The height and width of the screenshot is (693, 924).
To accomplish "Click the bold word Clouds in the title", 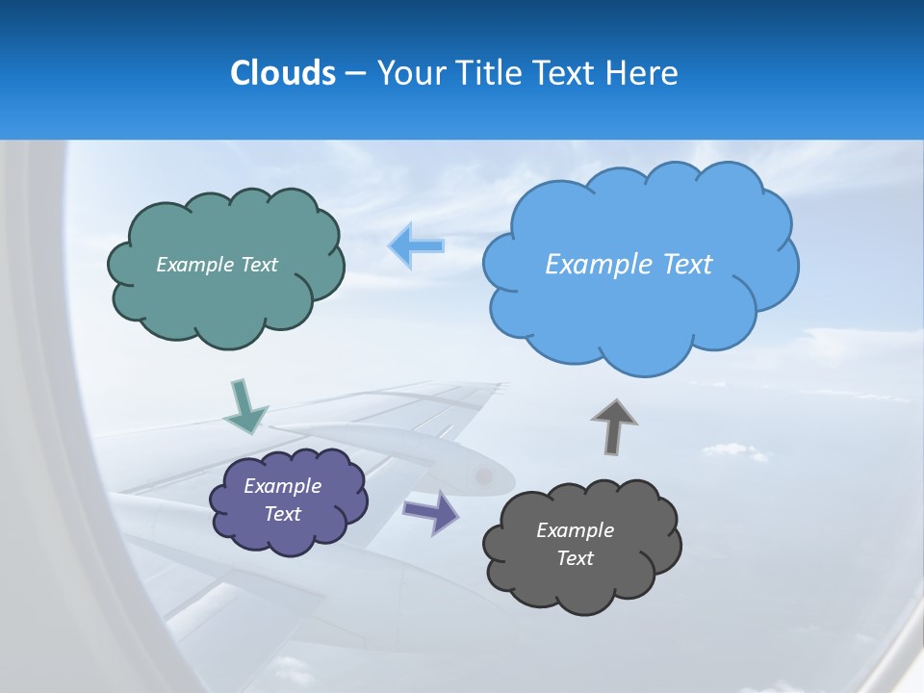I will point(282,73).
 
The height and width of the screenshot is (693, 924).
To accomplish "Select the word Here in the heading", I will point(643,73).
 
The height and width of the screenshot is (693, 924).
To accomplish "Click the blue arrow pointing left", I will point(417,245).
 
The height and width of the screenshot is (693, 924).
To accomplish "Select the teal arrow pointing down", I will point(244,408).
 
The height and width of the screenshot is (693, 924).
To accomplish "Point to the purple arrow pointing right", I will point(431,511).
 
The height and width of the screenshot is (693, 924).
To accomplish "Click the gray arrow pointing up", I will point(614,426).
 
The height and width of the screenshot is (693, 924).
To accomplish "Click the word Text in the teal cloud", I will point(259,265).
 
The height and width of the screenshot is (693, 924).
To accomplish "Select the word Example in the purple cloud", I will point(282,486).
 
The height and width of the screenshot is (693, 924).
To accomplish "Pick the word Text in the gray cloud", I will point(575,558).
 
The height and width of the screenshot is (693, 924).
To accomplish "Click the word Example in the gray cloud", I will point(575,530).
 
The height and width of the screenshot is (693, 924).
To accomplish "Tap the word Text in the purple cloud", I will point(282,514).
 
